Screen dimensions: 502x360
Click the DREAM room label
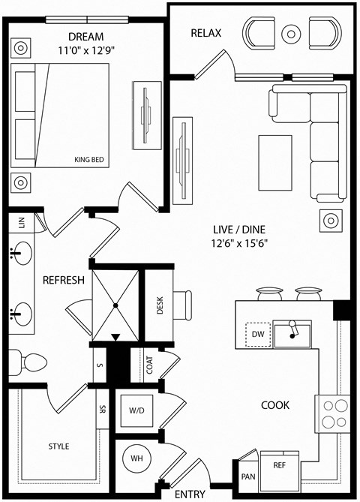[85, 37]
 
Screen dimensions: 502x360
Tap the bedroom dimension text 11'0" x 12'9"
[85, 51]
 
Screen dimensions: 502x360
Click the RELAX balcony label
[207, 33]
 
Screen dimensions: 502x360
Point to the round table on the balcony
[290, 33]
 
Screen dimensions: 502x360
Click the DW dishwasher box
[256, 334]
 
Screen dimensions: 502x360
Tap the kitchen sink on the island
[292, 333]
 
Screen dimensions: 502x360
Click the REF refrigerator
[278, 465]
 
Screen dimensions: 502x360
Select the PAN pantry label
[247, 476]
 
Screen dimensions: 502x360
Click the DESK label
[160, 305]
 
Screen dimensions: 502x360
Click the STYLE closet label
[58, 446]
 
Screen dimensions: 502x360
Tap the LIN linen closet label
[22, 222]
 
